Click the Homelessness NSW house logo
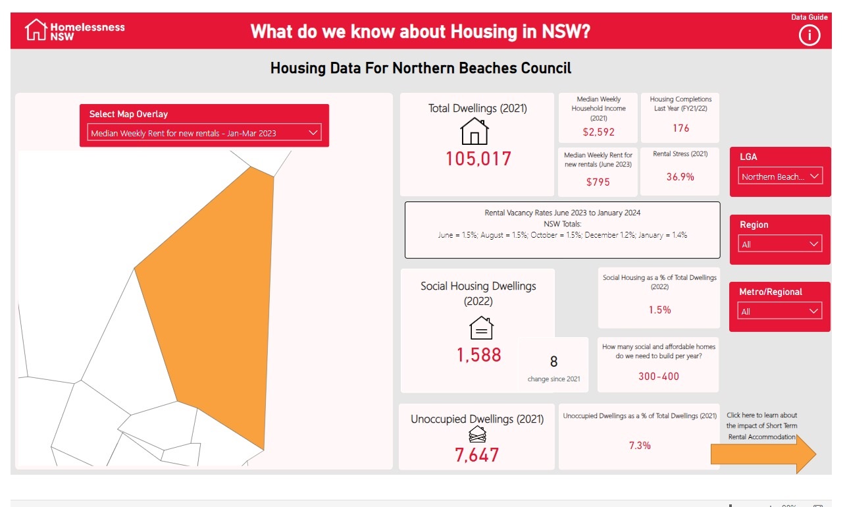pyautogui.click(x=36, y=30)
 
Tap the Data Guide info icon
pyautogui.click(x=809, y=35)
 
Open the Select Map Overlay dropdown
pyautogui.click(x=204, y=133)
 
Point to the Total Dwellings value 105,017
pyautogui.click(x=478, y=159)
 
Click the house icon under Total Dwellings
pyautogui.click(x=475, y=131)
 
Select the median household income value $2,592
pyautogui.click(x=598, y=132)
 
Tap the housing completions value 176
pyautogui.click(x=680, y=128)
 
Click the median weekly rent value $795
pyautogui.click(x=598, y=182)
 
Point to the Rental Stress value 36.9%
pyautogui.click(x=680, y=176)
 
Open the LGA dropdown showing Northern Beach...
pyautogui.click(x=780, y=176)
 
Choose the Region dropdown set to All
pyautogui.click(x=780, y=244)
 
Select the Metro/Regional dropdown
pyautogui.click(x=780, y=311)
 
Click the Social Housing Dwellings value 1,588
pyautogui.click(x=479, y=355)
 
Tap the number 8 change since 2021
pyautogui.click(x=553, y=361)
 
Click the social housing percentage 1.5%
pyautogui.click(x=659, y=309)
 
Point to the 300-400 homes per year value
pyautogui.click(x=659, y=377)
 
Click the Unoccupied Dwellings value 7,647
pyautogui.click(x=477, y=455)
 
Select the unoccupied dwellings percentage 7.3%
pyautogui.click(x=640, y=445)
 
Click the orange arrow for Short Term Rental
pyautogui.click(x=763, y=454)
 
